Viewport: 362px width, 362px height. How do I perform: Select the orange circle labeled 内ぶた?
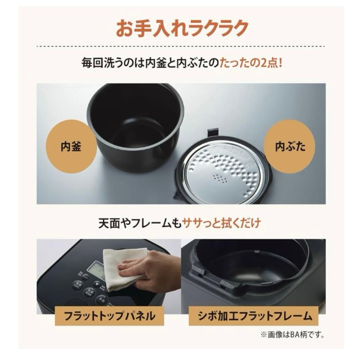point(290,147)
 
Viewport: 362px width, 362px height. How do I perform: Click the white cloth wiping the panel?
point(124,268)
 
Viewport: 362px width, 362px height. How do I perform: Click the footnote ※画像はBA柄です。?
point(296,334)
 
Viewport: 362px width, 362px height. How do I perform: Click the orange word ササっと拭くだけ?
point(221,224)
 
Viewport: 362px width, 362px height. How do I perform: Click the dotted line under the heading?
point(181,46)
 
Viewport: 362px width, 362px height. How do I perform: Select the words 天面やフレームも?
point(139,224)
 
